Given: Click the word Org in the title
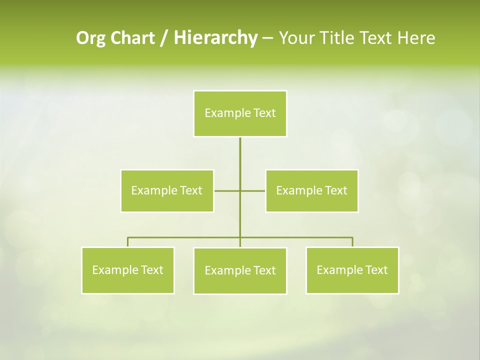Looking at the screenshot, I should coord(89,38).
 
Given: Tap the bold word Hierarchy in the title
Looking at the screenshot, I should coord(215,38).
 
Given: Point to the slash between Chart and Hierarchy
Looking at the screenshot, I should coord(164,38).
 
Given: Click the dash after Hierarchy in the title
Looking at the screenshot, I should coord(267,38).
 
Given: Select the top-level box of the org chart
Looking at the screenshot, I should coord(240,113).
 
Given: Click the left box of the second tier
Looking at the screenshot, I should coord(167,190).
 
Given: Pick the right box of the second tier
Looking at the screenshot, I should coord(311,190).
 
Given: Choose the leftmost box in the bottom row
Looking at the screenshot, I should coord(127,270).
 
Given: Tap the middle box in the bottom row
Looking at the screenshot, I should coord(240,270).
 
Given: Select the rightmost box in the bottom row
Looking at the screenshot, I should coord(352,270).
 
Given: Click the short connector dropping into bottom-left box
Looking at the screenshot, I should coord(128,242).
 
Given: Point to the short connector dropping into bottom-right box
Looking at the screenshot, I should coord(352,242).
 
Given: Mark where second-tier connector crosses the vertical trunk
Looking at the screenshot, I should coord(240,190).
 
